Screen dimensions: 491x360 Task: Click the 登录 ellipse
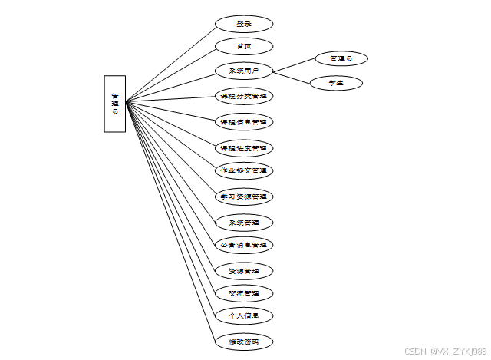click(243, 24)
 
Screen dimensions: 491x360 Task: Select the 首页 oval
click(243, 46)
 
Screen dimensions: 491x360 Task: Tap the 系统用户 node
click(243, 71)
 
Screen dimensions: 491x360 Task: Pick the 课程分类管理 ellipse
click(243, 97)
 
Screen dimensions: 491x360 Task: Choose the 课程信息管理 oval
click(243, 122)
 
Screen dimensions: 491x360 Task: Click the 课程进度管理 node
click(243, 147)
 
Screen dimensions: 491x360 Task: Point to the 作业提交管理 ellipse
click(243, 170)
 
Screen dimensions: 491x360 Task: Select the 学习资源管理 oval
click(243, 197)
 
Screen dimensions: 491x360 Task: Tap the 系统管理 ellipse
click(243, 223)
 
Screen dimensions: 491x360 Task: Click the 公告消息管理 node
click(243, 246)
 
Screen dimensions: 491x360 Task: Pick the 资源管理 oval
click(243, 271)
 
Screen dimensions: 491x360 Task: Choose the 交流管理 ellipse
click(243, 293)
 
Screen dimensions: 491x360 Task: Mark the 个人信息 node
click(243, 315)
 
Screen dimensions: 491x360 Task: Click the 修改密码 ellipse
click(243, 341)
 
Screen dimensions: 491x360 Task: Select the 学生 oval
click(335, 83)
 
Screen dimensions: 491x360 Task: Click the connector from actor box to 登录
click(170, 64)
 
